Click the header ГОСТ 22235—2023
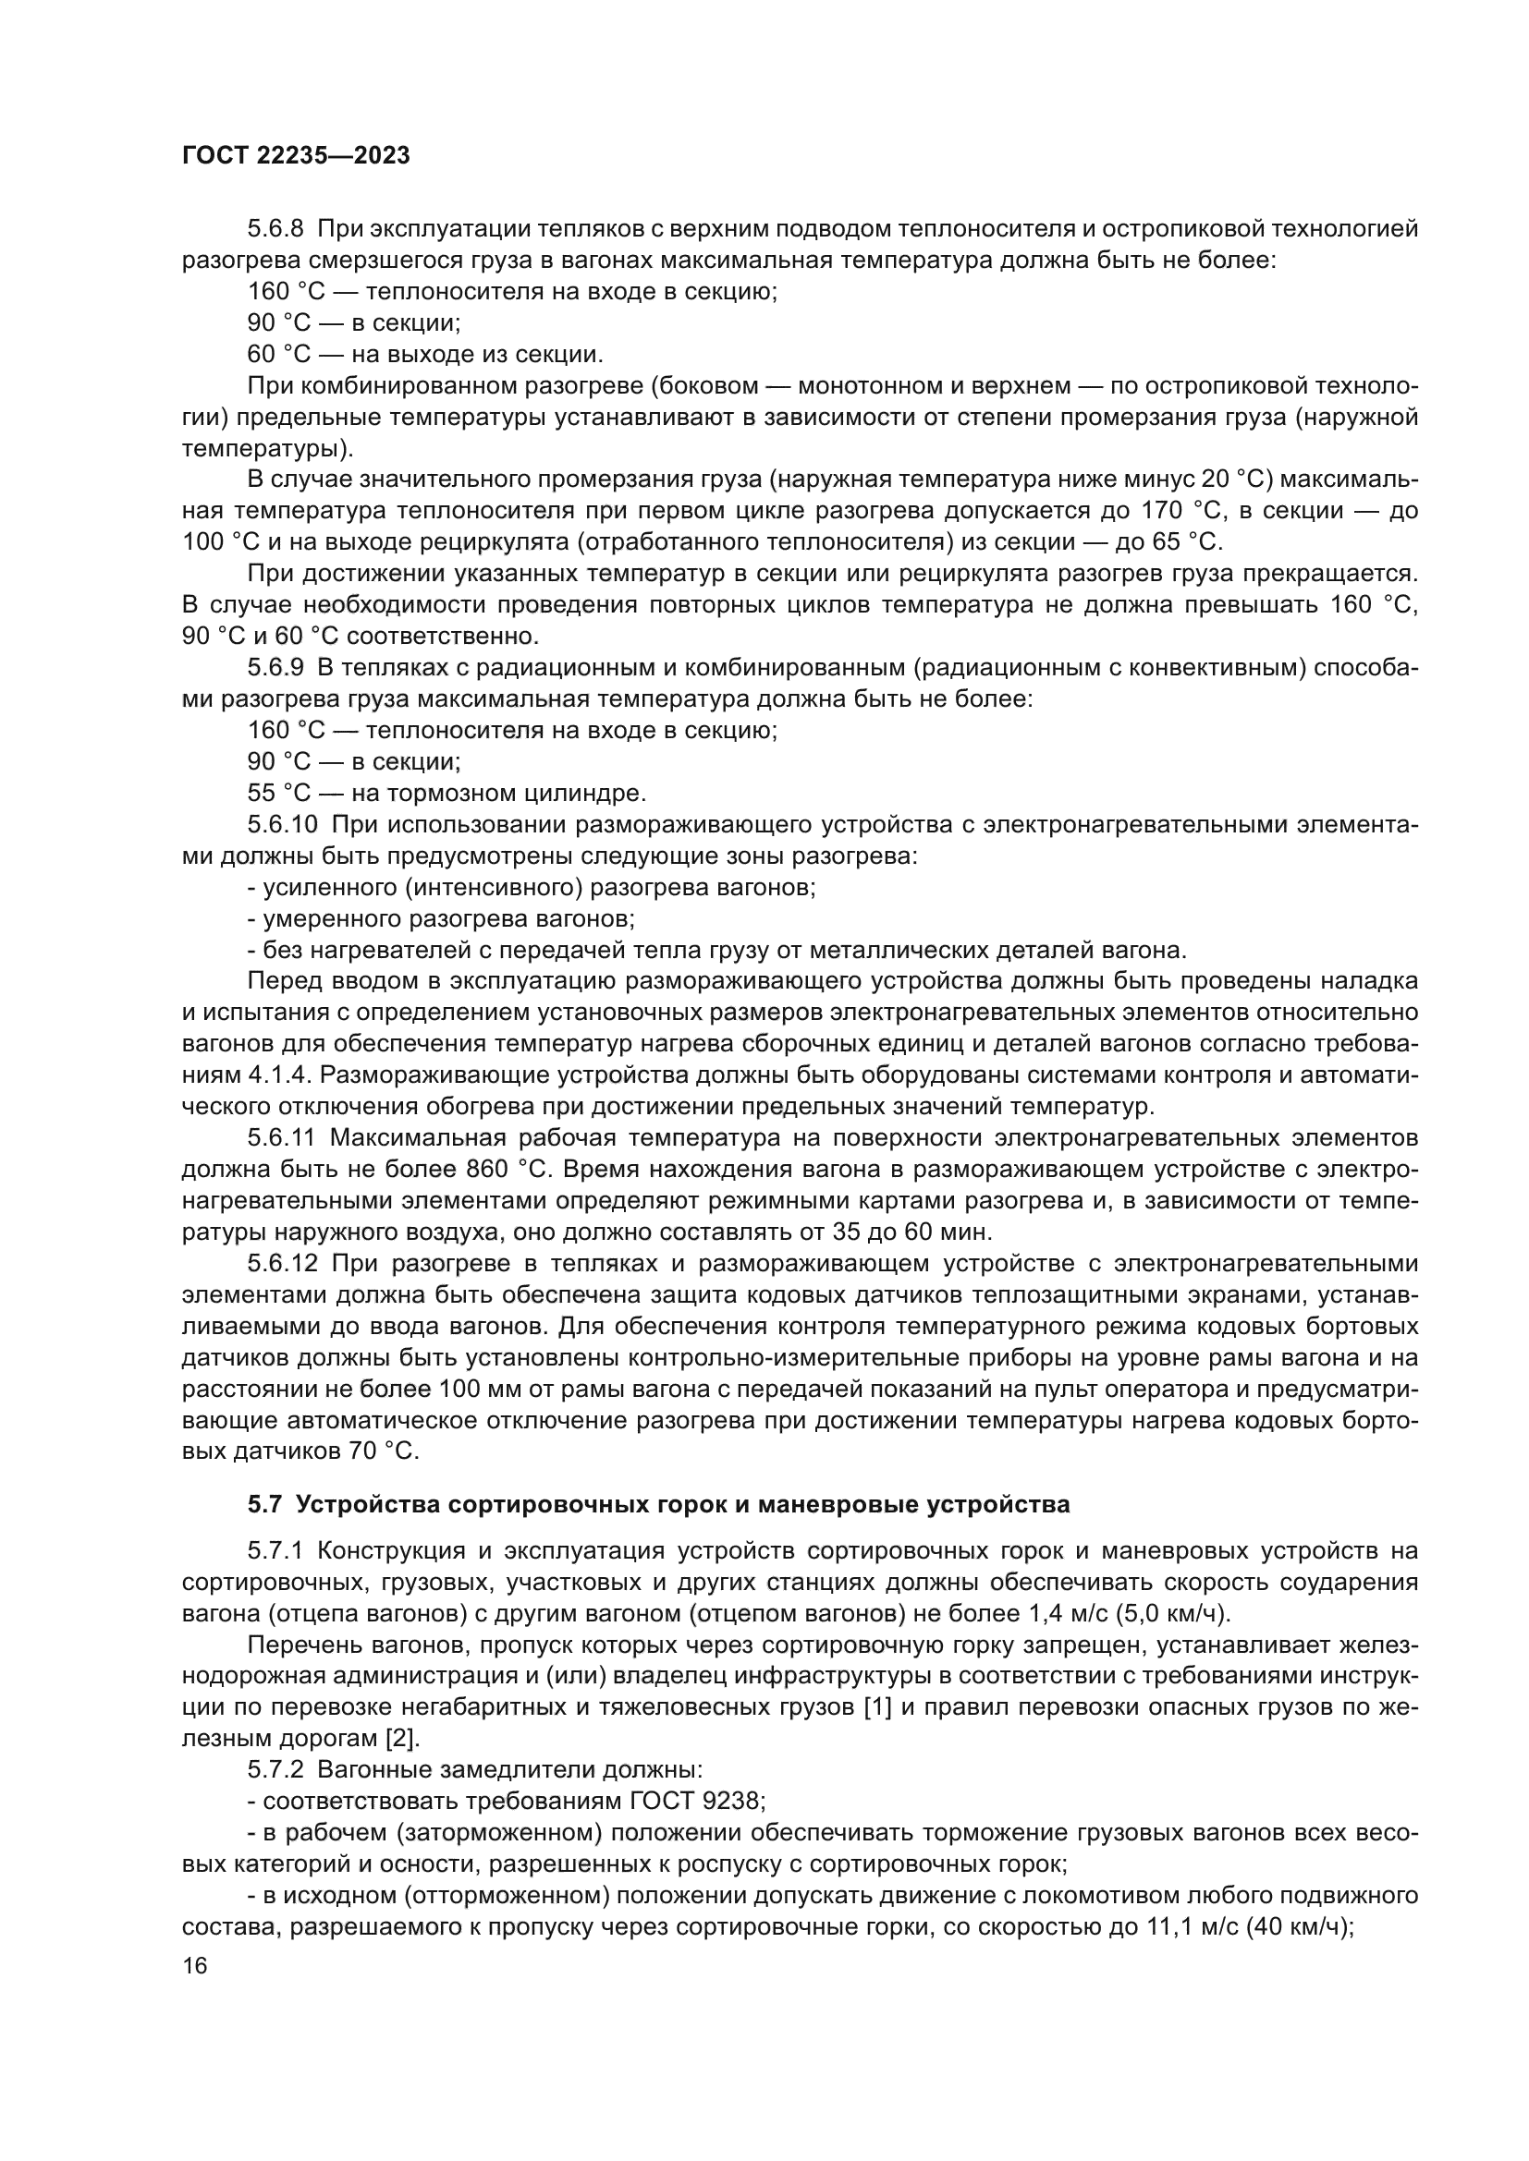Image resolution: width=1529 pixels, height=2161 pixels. tap(296, 156)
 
